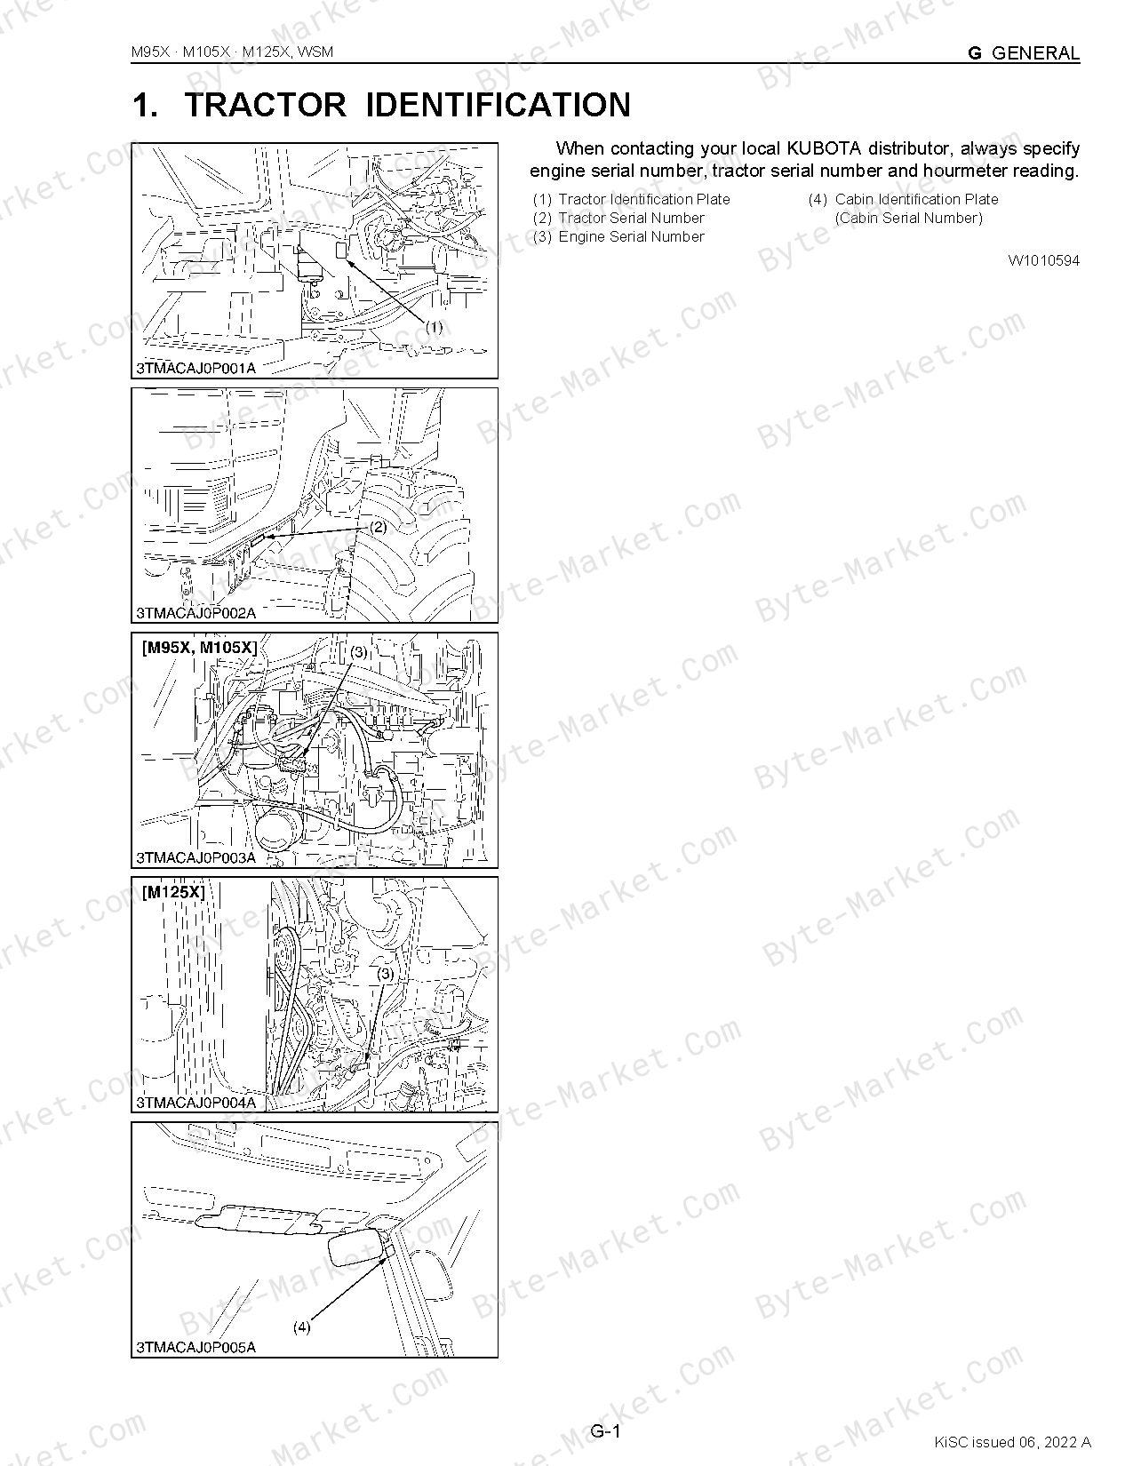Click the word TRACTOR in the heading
tap(265, 105)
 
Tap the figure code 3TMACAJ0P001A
tap(196, 369)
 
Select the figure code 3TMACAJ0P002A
tap(196, 613)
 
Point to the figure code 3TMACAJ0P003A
tap(196, 858)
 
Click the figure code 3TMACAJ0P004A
tap(196, 1103)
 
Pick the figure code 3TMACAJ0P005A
tap(196, 1348)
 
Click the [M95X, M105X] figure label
tap(200, 648)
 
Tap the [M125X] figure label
tap(173, 892)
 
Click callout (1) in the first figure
tap(434, 327)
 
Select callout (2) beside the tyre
tap(379, 527)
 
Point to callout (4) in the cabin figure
tap(301, 1327)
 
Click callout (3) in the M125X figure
tap(385, 974)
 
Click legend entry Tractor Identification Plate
tap(644, 199)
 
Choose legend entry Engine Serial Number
tap(632, 237)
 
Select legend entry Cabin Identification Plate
tap(916, 199)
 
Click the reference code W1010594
tap(1044, 260)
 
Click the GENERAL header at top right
tap(1036, 52)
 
